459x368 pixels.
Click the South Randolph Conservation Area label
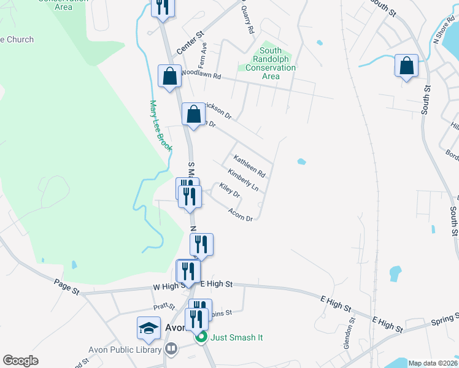pyautogui.click(x=271, y=64)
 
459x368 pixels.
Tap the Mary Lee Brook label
pyautogui.click(x=161, y=125)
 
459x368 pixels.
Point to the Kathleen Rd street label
pyautogui.click(x=249, y=165)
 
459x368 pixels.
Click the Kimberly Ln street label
pyautogui.click(x=243, y=180)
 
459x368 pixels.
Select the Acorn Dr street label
pyautogui.click(x=241, y=214)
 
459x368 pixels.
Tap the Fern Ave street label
pyautogui.click(x=202, y=55)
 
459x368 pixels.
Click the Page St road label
pyautogui.click(x=66, y=287)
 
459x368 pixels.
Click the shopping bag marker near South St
pyautogui.click(x=406, y=66)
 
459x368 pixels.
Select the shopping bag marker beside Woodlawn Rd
pyautogui.click(x=169, y=76)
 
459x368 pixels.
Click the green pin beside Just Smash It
pyautogui.click(x=200, y=337)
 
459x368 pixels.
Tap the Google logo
pyautogui.click(x=20, y=361)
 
